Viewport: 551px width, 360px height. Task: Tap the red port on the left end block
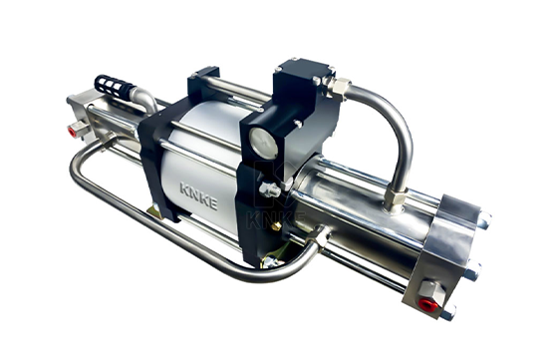tap(73, 132)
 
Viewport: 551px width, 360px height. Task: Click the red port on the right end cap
tap(428, 305)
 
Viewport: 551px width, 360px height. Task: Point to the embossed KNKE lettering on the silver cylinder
tap(198, 194)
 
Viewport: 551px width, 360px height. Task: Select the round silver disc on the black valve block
tap(263, 143)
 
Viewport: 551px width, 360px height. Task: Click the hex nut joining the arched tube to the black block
tap(339, 87)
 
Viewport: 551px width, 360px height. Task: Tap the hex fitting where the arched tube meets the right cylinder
tap(396, 197)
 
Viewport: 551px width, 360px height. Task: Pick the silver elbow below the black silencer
tap(144, 99)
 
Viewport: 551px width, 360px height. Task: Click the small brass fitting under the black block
tap(277, 226)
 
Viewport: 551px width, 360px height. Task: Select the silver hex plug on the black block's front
tap(270, 189)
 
